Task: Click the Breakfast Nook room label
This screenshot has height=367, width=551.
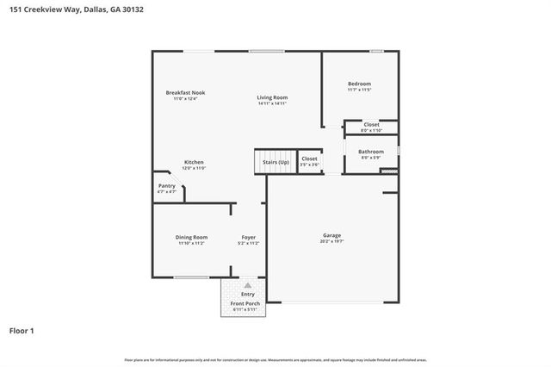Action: (x=185, y=92)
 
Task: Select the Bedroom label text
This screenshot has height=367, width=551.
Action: (x=360, y=84)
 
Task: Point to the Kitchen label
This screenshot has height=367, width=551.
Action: (x=194, y=162)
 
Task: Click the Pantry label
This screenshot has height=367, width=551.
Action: (x=166, y=185)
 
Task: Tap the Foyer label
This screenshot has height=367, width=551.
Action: (x=248, y=237)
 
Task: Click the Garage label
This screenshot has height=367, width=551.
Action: (x=331, y=236)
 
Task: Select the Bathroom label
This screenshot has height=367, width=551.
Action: (x=372, y=152)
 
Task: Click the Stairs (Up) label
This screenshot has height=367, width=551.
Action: (x=275, y=162)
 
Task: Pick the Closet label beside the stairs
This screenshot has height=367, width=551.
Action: (x=309, y=159)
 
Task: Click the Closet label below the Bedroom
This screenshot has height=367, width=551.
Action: (x=371, y=125)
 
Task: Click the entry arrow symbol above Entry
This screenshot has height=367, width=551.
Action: (x=248, y=284)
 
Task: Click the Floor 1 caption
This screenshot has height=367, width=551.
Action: (x=22, y=330)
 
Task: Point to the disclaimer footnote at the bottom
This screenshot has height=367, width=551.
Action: (x=275, y=358)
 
